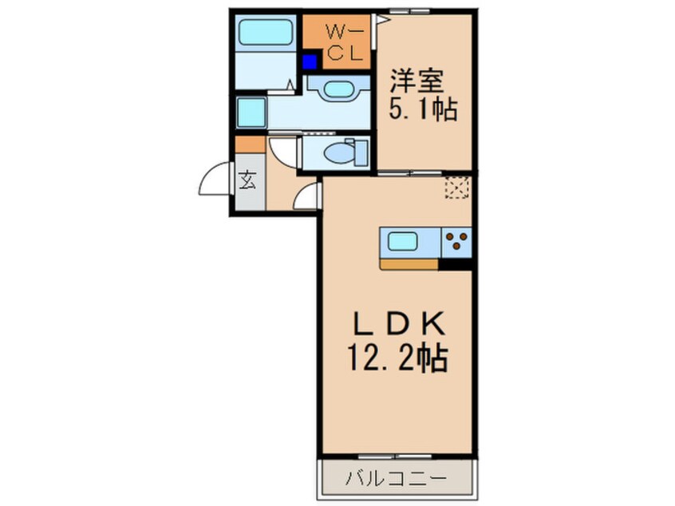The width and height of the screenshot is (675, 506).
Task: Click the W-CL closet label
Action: (x=345, y=42)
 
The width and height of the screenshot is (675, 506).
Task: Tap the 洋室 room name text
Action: (x=416, y=81)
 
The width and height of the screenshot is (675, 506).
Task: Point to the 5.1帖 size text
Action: (x=423, y=109)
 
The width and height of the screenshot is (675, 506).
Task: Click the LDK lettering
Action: (x=399, y=325)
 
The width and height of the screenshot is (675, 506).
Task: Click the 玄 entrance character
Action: (x=247, y=180)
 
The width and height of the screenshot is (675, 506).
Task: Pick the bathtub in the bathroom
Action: (x=266, y=32)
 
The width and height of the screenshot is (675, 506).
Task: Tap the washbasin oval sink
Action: (x=338, y=89)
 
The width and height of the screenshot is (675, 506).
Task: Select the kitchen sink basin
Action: (x=402, y=242)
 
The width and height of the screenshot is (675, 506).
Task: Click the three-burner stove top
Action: (x=456, y=242)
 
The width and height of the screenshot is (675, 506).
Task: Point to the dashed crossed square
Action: (x=456, y=188)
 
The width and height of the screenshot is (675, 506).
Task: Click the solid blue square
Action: (x=310, y=62)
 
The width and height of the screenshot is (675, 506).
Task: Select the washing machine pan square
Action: (x=251, y=112)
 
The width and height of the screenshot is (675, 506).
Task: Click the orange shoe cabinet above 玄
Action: (x=250, y=144)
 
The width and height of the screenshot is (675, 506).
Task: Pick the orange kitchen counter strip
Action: (x=409, y=264)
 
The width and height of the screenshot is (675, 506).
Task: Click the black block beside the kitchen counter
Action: (x=456, y=264)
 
